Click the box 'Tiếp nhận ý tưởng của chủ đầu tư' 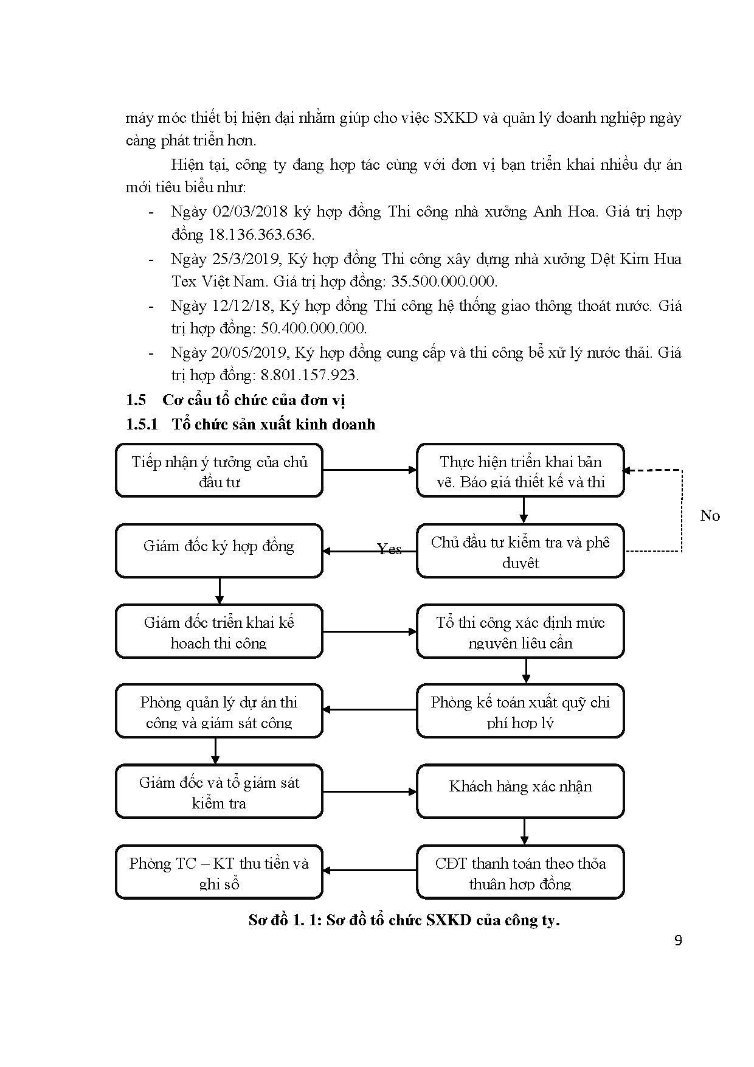pyautogui.click(x=219, y=471)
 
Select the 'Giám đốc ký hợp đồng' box pyautogui.click(x=219, y=551)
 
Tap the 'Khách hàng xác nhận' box pyautogui.click(x=521, y=791)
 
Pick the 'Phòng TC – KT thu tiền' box pyautogui.click(x=219, y=872)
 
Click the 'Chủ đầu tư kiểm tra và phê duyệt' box pyautogui.click(x=521, y=551)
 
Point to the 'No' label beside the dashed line pyautogui.click(x=710, y=516)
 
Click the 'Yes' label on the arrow pyautogui.click(x=389, y=549)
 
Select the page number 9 pyautogui.click(x=679, y=941)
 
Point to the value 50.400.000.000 pyautogui.click(x=313, y=328)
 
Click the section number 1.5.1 pyautogui.click(x=141, y=424)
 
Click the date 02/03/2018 pyautogui.click(x=250, y=212)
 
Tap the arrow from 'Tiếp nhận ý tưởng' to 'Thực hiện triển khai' pyautogui.click(x=369, y=470)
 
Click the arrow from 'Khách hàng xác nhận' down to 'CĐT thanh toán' pyautogui.click(x=524, y=832)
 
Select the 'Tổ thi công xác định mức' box pyautogui.click(x=521, y=631)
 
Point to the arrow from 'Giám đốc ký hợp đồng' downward pyautogui.click(x=220, y=591)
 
